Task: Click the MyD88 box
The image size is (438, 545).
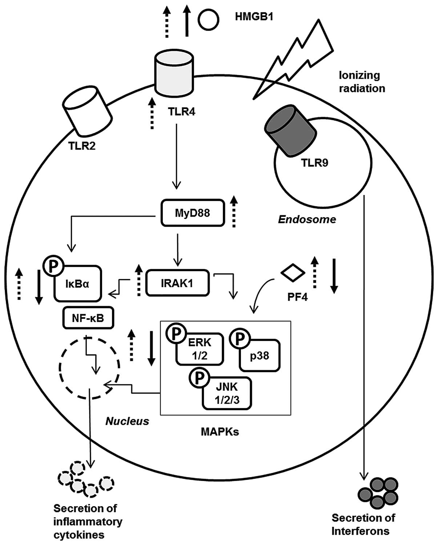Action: tap(192, 213)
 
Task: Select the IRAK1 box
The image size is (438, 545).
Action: tap(177, 282)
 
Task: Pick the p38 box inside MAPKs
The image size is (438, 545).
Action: tap(260, 355)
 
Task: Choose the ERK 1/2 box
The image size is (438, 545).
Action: tap(200, 349)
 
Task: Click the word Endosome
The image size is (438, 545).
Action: tap(307, 220)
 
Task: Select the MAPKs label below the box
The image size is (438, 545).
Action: tap(220, 432)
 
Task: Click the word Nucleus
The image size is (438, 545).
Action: tap(128, 421)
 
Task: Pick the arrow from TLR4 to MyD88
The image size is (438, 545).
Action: tap(176, 156)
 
